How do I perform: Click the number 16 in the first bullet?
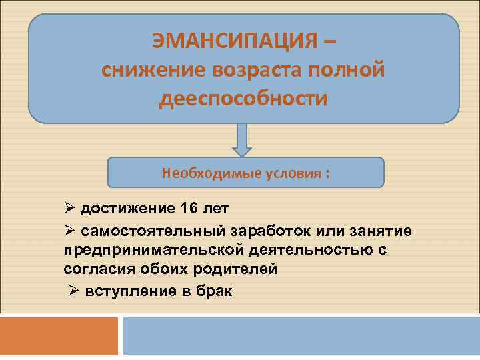(189, 209)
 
